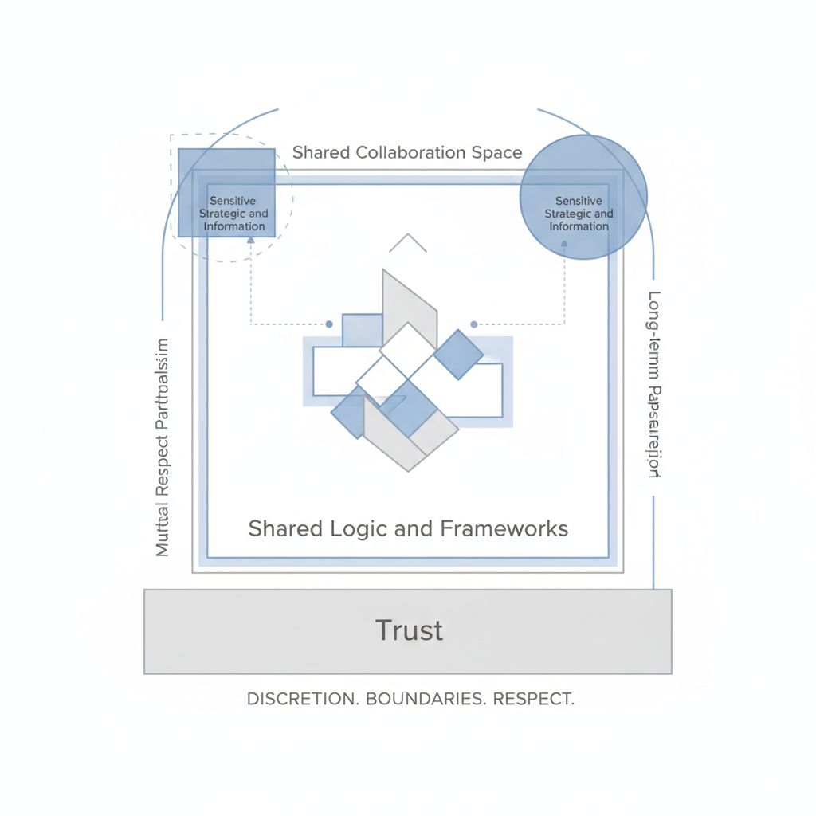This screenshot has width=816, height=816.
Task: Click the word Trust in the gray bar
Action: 409,630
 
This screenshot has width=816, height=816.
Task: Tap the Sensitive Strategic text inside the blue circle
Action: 579,214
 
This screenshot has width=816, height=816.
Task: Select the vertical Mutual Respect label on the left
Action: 163,446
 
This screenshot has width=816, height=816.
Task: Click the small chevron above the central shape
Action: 408,242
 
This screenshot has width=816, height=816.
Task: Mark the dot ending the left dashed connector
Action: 328,324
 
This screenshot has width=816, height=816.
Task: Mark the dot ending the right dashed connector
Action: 474,324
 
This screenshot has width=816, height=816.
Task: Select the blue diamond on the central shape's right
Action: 458,353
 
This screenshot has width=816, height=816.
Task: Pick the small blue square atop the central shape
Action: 363,329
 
